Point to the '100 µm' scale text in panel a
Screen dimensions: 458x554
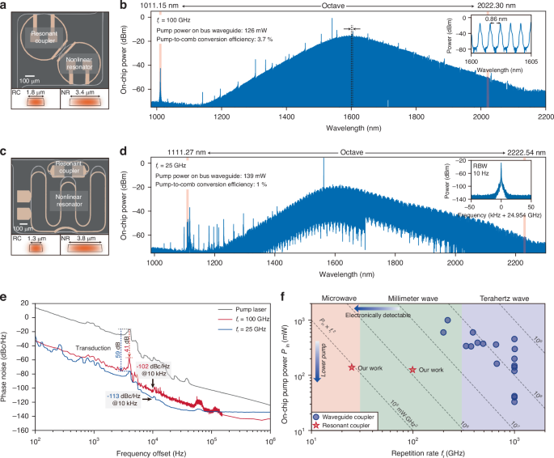(x=31, y=81)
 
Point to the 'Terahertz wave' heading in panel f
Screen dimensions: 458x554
(x=497, y=296)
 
